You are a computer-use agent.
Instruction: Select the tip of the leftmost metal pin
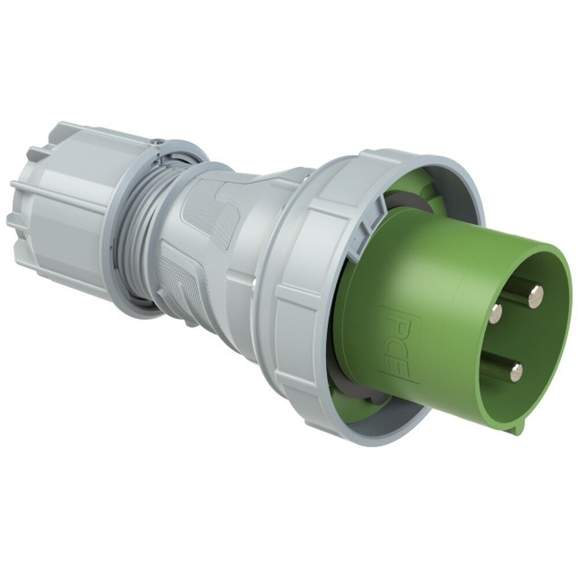[x=496, y=314]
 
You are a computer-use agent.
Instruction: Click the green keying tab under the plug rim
[x=518, y=426]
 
